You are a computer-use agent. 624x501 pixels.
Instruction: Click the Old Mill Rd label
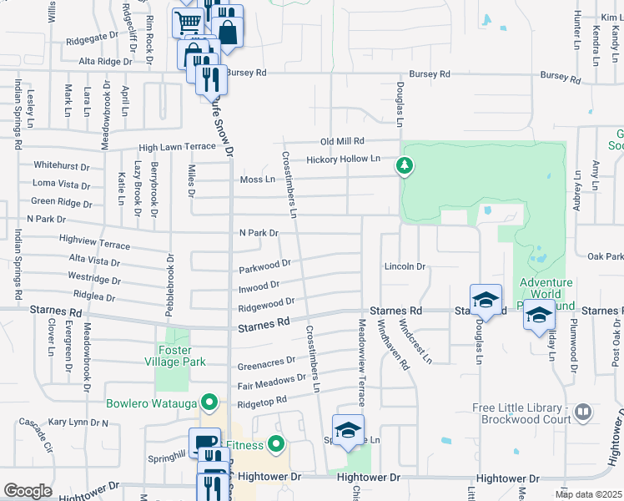(x=345, y=141)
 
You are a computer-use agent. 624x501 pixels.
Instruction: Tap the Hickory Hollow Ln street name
(x=343, y=159)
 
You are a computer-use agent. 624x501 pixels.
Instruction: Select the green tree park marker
(x=405, y=166)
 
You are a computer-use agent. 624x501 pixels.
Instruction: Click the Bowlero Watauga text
(x=153, y=404)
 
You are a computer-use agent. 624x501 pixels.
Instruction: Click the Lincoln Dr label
(x=405, y=267)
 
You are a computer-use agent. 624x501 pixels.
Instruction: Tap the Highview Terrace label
(x=95, y=242)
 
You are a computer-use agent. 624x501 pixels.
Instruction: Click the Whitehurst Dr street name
(x=61, y=166)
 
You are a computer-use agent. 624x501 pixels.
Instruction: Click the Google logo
(x=28, y=490)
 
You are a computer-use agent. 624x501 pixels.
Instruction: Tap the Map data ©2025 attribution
(x=587, y=494)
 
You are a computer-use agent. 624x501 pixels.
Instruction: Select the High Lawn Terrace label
(x=177, y=147)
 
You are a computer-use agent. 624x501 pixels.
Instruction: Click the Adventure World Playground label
(x=546, y=294)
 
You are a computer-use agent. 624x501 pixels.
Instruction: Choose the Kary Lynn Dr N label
(x=78, y=423)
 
